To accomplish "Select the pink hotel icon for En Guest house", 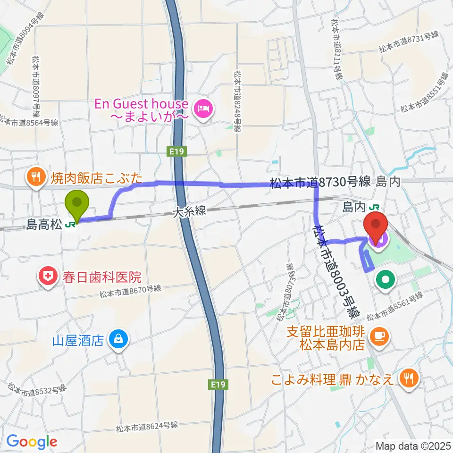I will (204, 109).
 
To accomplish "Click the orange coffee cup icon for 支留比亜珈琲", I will (379, 335).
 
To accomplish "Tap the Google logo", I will (32, 442).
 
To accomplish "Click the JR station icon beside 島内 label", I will (375, 206).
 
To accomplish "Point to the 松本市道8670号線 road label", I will (131, 292).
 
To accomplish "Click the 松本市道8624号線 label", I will (147, 426).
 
